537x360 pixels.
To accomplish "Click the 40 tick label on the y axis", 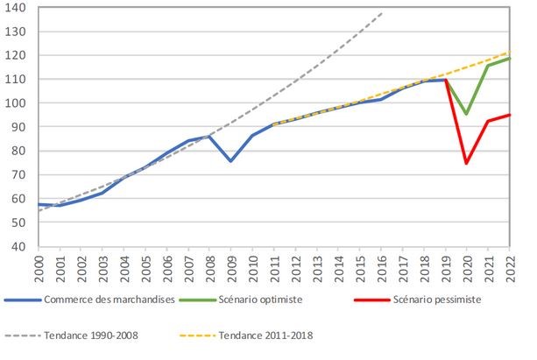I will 19,246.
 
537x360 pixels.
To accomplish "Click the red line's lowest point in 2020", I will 467,163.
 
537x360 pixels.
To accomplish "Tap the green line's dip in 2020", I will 467,114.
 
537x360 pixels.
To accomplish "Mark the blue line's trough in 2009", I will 230,161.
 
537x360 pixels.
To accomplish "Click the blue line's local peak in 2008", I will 208,136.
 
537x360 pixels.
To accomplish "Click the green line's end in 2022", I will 511,58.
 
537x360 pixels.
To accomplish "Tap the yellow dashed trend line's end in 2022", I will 511,53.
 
